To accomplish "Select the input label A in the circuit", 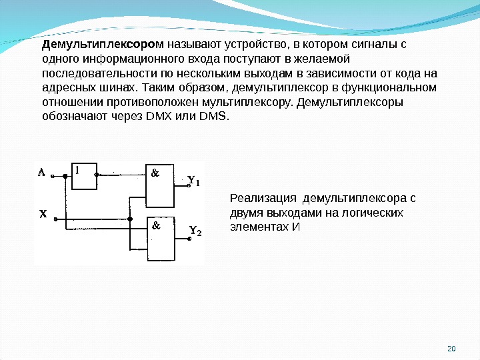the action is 41,172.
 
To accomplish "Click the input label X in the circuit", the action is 41,215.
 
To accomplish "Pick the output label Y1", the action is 194,181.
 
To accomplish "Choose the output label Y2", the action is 195,231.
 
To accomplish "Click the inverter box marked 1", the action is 85,175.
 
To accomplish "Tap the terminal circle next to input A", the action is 65,177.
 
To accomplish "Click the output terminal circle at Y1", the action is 189,187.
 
